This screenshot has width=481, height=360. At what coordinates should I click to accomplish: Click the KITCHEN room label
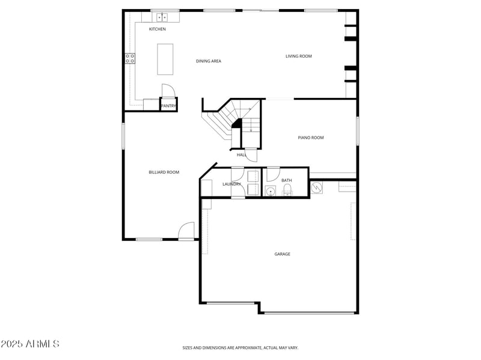(x=158, y=29)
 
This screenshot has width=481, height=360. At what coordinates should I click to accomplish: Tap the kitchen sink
(x=163, y=17)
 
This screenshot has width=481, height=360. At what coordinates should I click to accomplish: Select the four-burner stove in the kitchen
(x=130, y=58)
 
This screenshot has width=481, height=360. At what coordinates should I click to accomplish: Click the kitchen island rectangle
(x=165, y=59)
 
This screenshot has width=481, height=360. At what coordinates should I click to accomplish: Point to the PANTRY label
(x=168, y=106)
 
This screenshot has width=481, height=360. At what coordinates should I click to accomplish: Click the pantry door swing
(x=168, y=91)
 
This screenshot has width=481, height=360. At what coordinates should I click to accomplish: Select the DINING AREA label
(x=209, y=61)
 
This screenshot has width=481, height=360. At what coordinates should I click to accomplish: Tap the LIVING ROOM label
(x=298, y=56)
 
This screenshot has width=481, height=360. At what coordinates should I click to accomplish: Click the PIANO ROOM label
(x=311, y=138)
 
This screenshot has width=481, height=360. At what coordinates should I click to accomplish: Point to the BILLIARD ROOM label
(x=164, y=172)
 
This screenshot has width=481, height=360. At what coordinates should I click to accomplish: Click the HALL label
(x=242, y=155)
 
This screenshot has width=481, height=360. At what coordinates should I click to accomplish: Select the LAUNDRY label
(x=231, y=184)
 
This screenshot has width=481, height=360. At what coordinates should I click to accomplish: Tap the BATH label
(x=287, y=180)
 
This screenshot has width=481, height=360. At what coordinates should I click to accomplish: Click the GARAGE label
(x=283, y=254)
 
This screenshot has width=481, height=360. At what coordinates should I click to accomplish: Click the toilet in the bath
(x=287, y=191)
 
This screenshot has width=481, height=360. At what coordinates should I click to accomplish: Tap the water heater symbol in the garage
(x=317, y=188)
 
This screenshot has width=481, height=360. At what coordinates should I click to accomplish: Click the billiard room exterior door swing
(x=187, y=231)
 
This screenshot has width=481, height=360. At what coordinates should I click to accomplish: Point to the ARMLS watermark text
(x=30, y=344)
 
